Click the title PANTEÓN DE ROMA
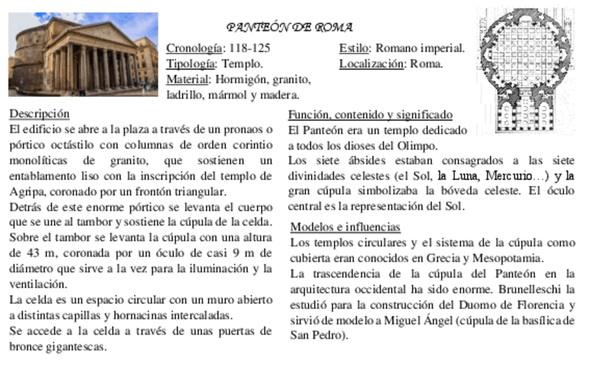pyautogui.click(x=289, y=28)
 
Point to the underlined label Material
pyautogui.click(x=188, y=79)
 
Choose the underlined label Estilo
pyautogui.click(x=354, y=49)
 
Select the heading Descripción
pyautogui.click(x=40, y=113)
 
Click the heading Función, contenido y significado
pyautogui.click(x=370, y=115)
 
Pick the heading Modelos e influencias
pyautogui.click(x=345, y=227)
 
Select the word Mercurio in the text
pyautogui.click(x=509, y=175)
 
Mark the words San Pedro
pyautogui.click(x=314, y=335)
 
